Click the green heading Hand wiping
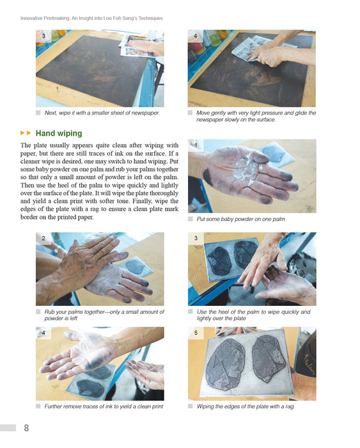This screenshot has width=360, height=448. coord(59,133)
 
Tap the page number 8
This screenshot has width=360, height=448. coord(26,428)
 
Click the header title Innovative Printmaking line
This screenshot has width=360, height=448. coord(91,19)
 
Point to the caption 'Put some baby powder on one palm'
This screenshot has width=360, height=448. coord(240,219)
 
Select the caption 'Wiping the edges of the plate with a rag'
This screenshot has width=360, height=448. coord(245,406)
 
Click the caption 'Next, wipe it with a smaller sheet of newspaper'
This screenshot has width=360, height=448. coord(102,113)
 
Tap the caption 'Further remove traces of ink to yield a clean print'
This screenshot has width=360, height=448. coord(104,406)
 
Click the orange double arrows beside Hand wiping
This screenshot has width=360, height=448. coord(26,133)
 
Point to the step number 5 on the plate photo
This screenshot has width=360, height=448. coord(196,333)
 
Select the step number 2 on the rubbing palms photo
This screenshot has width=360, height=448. coord(43,238)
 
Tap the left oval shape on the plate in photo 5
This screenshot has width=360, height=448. coord(225,364)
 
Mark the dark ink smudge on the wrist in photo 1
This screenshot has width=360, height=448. coord(208,177)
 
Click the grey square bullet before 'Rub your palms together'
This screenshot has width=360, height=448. coord(38,312)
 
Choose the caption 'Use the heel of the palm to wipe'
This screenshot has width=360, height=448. coord(253,315)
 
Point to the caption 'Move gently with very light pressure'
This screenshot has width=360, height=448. coord(256,116)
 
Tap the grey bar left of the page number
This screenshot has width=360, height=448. coord(8,428)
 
